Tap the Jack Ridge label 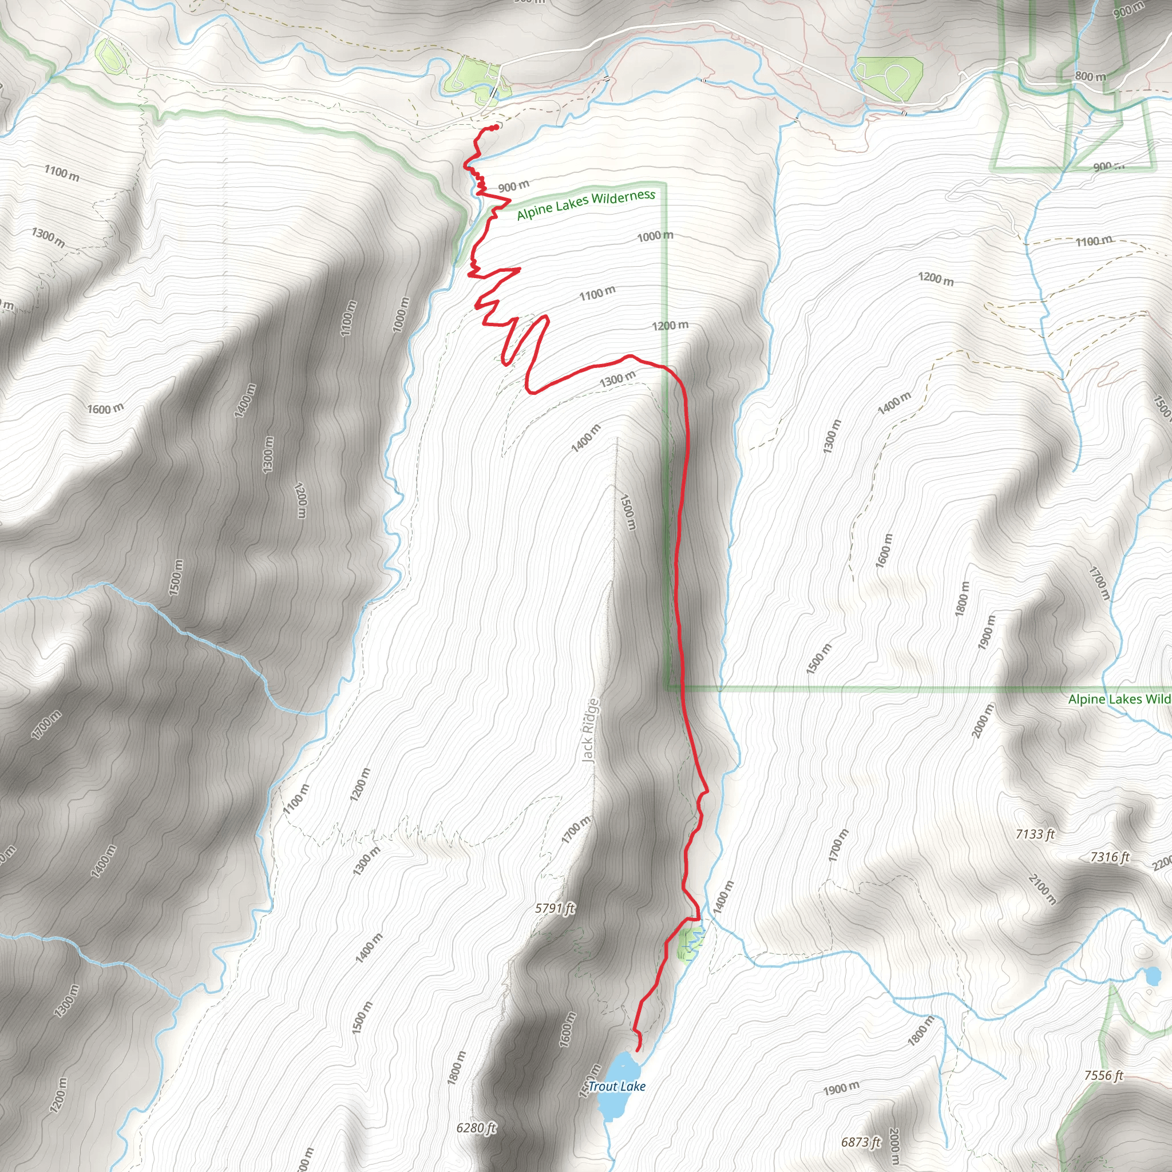(590, 730)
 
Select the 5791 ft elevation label (555, 908)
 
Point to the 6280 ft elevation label (476, 1128)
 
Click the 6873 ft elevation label (860, 1142)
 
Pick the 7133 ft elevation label (1035, 834)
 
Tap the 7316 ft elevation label (1110, 857)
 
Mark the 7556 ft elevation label (1103, 1075)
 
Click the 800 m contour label (1090, 77)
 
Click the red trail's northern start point (496, 127)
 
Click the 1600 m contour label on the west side (105, 409)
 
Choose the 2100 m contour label (1042, 889)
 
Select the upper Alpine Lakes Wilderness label (585, 204)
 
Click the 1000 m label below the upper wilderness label (655, 235)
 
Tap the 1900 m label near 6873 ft (841, 1088)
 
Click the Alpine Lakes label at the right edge (1119, 699)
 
